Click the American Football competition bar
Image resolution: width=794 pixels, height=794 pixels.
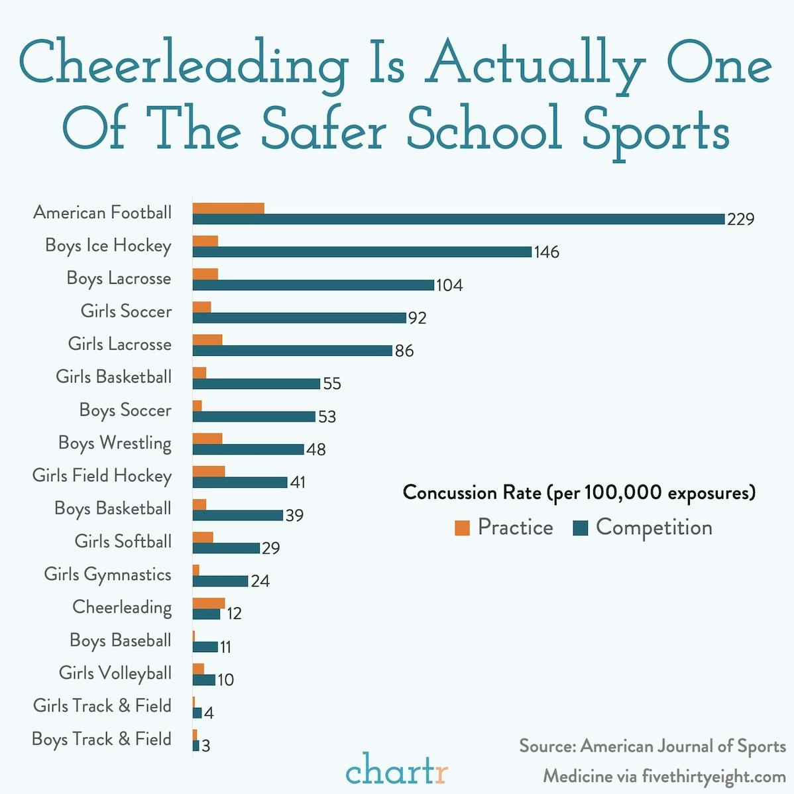click(x=459, y=219)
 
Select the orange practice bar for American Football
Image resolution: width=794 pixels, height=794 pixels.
click(x=229, y=208)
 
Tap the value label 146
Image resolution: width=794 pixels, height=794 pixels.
click(x=547, y=253)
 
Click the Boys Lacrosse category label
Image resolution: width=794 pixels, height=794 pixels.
click(x=119, y=278)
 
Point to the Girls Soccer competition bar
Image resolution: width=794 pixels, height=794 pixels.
click(x=300, y=318)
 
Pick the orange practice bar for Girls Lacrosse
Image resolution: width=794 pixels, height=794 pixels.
click(x=207, y=340)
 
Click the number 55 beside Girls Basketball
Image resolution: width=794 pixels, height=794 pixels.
click(x=331, y=384)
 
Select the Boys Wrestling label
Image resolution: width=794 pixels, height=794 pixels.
click(x=115, y=443)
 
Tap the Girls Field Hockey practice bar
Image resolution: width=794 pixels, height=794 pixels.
click(x=209, y=471)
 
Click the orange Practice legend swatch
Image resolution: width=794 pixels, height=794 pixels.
click(x=462, y=528)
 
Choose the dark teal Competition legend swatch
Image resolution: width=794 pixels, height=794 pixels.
click(x=581, y=528)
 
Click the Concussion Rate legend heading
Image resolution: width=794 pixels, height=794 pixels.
click(x=579, y=492)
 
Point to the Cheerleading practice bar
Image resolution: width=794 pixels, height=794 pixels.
click(x=209, y=603)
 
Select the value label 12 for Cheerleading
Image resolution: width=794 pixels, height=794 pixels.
click(x=233, y=614)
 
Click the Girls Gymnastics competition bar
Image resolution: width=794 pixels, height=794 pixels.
click(x=221, y=581)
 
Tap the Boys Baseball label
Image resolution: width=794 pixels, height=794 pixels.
click(x=120, y=640)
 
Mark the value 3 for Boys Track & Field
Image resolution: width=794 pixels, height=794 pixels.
click(x=205, y=746)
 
